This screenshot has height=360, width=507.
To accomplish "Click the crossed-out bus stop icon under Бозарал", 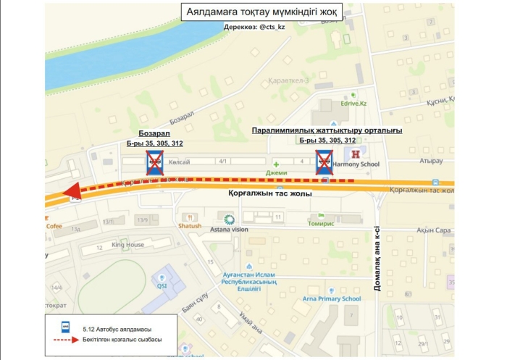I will point(154,164).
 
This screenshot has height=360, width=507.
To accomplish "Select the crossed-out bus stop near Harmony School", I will point(322,163).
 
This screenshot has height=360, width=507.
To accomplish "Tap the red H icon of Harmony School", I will point(356,154).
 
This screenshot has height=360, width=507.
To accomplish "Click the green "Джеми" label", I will point(277,173).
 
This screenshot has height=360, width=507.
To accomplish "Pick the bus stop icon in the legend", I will point(64,327).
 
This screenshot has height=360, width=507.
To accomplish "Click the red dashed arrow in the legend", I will point(64,339).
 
